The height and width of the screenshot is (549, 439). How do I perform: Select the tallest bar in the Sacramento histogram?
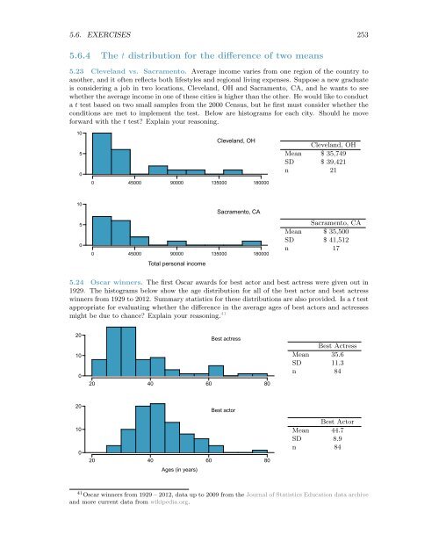[x=102, y=229]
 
